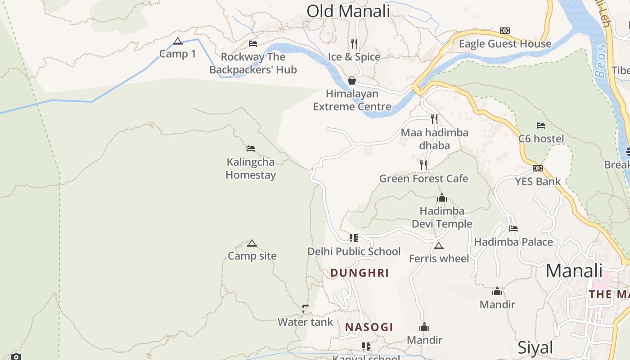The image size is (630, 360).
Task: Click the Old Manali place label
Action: point(348,11)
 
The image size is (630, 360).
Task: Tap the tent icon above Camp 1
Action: point(178,41)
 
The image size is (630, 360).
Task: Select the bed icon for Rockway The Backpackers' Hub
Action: point(253,44)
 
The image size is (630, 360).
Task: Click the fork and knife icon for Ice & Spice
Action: point(354,44)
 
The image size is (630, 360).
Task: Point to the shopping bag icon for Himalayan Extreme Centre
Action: point(352,81)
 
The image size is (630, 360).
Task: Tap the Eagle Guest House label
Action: point(505,44)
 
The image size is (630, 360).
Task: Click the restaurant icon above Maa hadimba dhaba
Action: point(434,119)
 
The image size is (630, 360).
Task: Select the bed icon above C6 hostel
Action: point(541,126)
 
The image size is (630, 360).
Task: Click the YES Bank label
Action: point(538,181)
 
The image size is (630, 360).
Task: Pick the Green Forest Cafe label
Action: point(423,179)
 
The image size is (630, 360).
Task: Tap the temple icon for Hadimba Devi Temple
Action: point(441,198)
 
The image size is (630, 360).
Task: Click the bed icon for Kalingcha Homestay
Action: point(251,148)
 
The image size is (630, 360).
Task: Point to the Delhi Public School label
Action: point(354,251)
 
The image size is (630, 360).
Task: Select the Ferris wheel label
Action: point(439,258)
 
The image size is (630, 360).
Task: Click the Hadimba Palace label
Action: point(513,242)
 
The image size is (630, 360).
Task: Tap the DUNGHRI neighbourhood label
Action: point(360,273)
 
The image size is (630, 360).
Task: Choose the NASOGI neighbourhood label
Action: point(369,327)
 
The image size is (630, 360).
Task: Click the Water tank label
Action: point(305,322)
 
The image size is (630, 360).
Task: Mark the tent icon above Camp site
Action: point(252,243)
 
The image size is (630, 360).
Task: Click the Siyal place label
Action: point(535,347)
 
